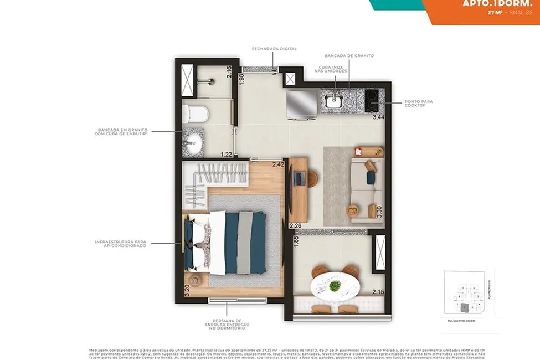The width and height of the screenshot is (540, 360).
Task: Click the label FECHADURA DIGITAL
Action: coord(274,49)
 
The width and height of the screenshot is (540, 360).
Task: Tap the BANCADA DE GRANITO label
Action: coord(349,56)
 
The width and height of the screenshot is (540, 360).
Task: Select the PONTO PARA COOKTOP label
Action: coord(419,104)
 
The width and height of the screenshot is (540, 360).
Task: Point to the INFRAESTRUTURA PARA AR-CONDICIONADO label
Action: coord(120,244)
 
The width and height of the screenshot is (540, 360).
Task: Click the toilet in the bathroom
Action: coord(196,113)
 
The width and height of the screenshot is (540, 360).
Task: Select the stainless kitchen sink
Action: coord(335,101)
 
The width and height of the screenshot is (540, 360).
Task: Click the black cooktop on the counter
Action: coord(372,100)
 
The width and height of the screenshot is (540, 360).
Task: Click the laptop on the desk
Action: coord(299,178)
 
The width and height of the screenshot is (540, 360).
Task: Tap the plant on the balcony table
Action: coord(335,286)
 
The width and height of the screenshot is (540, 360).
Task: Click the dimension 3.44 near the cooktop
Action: coord(378,117)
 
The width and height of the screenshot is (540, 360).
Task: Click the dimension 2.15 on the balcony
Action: coord(378,292)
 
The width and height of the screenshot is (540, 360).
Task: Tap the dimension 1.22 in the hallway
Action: coord(225,155)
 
